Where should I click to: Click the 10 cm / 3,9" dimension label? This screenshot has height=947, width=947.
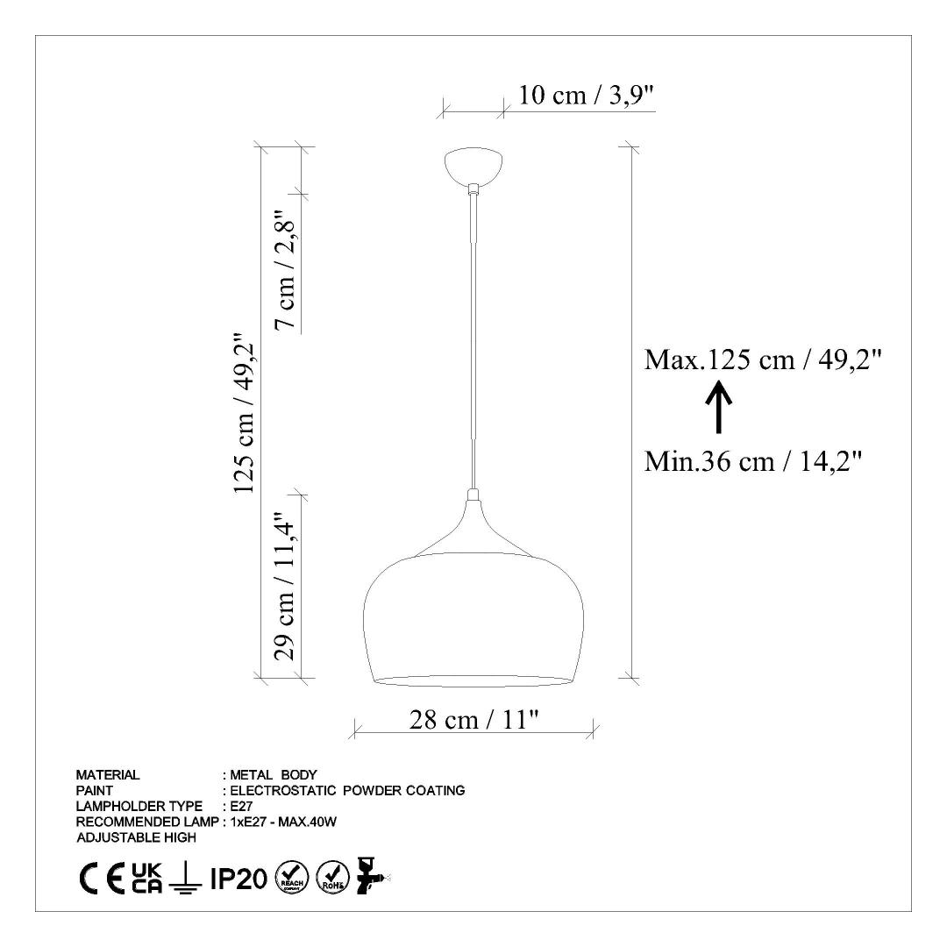click(x=587, y=95)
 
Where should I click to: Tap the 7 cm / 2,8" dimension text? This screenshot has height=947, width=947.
click(x=285, y=270)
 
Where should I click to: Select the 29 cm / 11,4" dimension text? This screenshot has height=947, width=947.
click(x=285, y=587)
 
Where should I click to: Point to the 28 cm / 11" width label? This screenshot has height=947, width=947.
click(x=474, y=719)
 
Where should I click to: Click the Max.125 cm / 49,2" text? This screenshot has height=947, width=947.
click(x=763, y=360)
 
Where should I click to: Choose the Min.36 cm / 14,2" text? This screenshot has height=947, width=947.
click(x=752, y=461)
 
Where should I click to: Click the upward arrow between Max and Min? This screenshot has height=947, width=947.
click(x=719, y=407)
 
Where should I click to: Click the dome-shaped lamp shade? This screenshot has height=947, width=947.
click(x=473, y=620)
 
